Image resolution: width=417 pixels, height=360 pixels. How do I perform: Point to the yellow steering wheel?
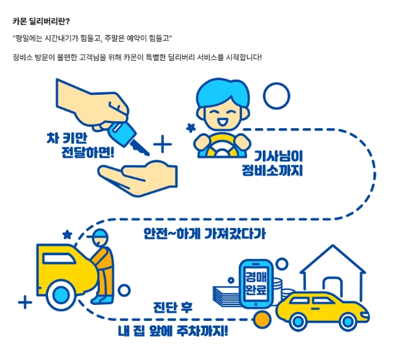coord(221,147)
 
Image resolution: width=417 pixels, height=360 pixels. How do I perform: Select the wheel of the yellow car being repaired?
coord(61,294)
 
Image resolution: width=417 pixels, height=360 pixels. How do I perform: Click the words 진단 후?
coord(173,308)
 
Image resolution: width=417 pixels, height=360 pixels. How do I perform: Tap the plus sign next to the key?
coord(162,145)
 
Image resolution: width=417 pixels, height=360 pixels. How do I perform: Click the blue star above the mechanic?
coord(67,235)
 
